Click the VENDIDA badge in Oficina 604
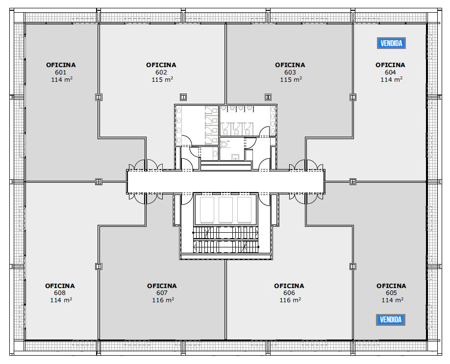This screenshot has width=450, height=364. [391, 43]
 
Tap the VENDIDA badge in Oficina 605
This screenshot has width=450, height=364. [391, 319]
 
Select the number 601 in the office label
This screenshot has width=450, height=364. [61, 73]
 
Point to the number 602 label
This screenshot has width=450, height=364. [161, 73]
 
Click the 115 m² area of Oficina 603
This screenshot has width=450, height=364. [291, 79]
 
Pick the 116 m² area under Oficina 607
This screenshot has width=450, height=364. [163, 300]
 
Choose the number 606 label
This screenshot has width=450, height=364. [289, 293]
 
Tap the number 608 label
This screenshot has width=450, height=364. [60, 293]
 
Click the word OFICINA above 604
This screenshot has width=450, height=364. [390, 65]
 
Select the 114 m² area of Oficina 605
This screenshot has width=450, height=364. [392, 300]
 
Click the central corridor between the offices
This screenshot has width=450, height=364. [226, 182]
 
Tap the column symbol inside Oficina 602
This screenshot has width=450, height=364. [183, 97]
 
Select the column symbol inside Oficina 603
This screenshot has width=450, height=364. [268, 97]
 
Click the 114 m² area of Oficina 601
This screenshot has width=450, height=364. [62, 79]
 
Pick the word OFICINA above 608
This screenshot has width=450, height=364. [60, 286]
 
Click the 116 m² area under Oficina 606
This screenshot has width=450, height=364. [290, 300]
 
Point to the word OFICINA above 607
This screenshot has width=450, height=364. [162, 286]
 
